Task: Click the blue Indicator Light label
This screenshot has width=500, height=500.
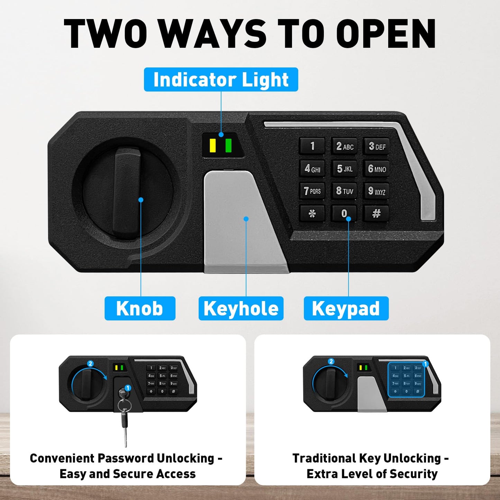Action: (221, 79)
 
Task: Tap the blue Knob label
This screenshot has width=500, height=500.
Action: (140, 308)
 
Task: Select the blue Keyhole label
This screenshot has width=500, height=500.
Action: (241, 308)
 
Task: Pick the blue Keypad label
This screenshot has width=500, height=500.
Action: (346, 308)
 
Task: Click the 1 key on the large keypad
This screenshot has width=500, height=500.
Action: (312, 146)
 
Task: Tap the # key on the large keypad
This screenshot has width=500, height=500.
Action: (376, 213)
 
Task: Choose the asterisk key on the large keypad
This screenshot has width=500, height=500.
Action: (312, 213)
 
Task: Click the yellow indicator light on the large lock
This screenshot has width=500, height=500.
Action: (212, 146)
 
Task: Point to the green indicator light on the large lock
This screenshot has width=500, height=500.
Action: (229, 146)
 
